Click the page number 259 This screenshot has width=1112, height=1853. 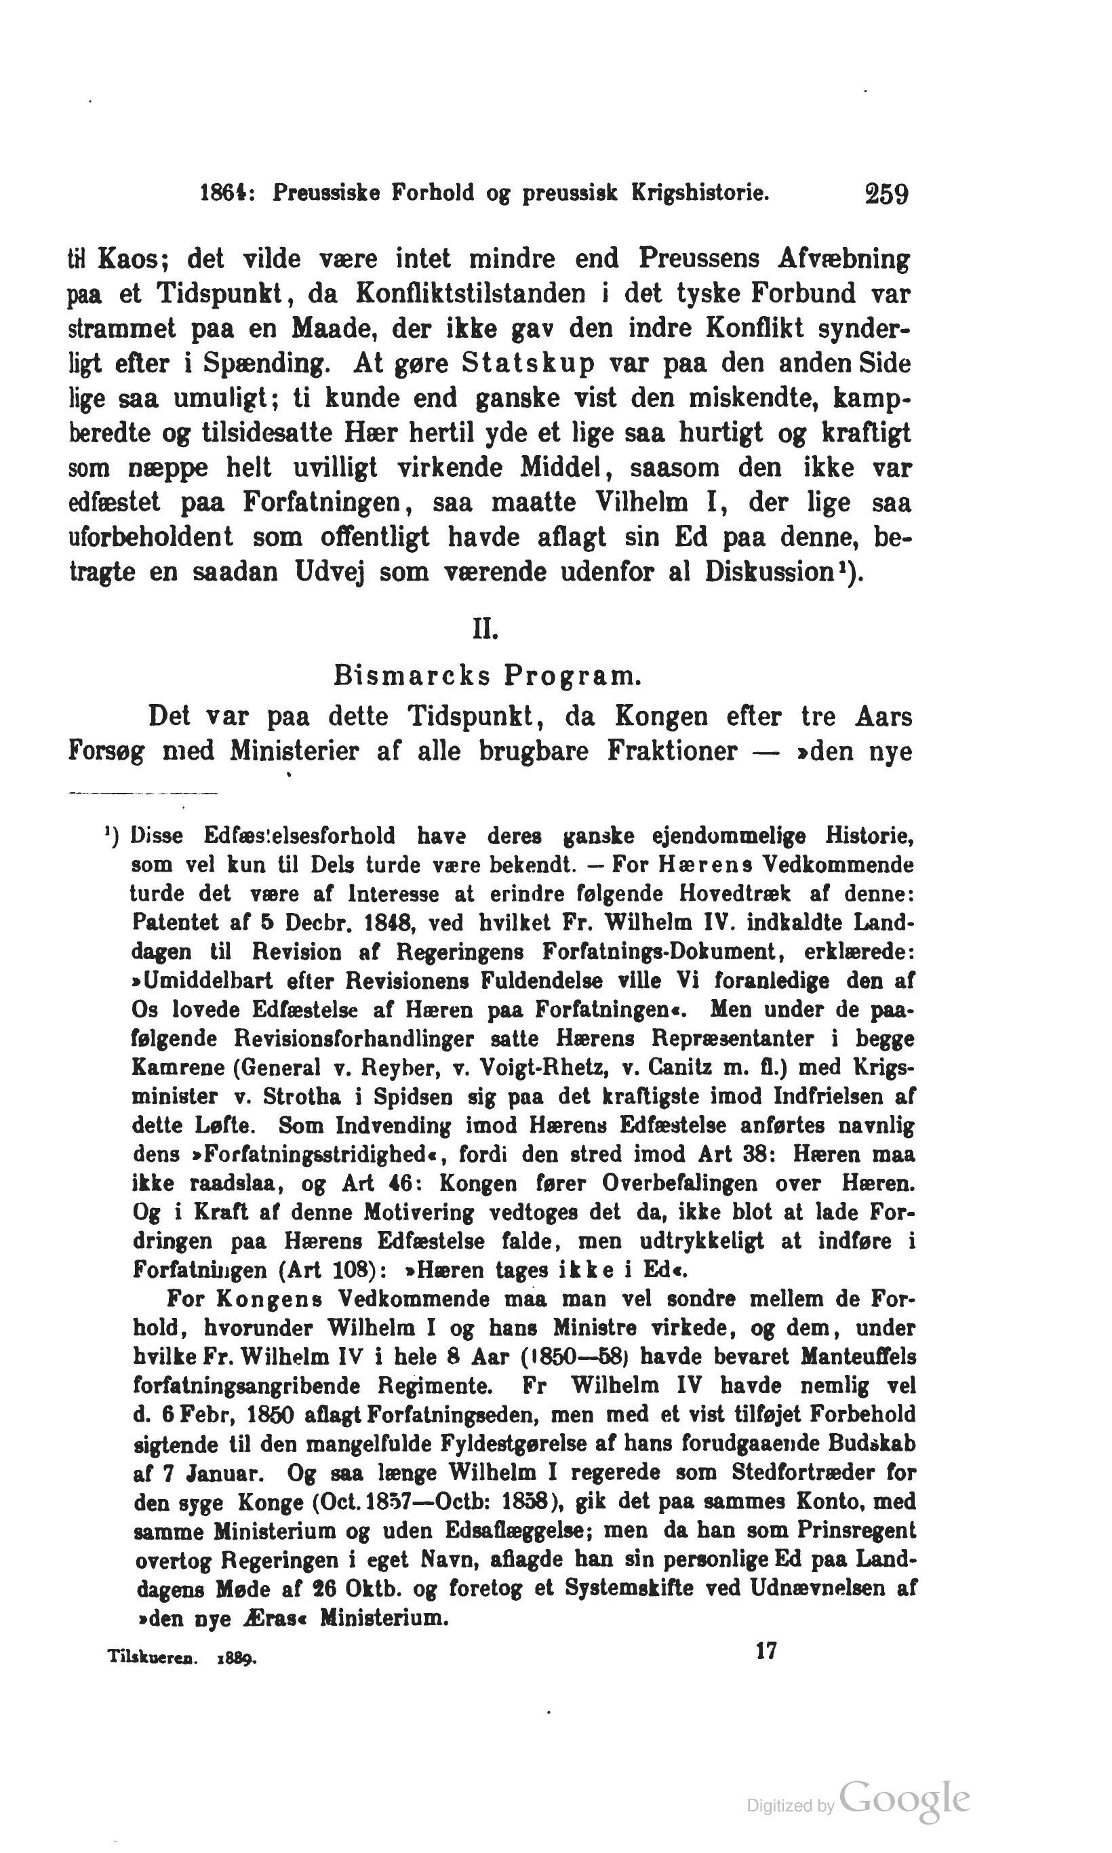[x=886, y=194]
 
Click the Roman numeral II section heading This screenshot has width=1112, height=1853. [x=485, y=629]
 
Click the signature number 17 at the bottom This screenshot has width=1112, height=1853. [x=766, y=1651]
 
